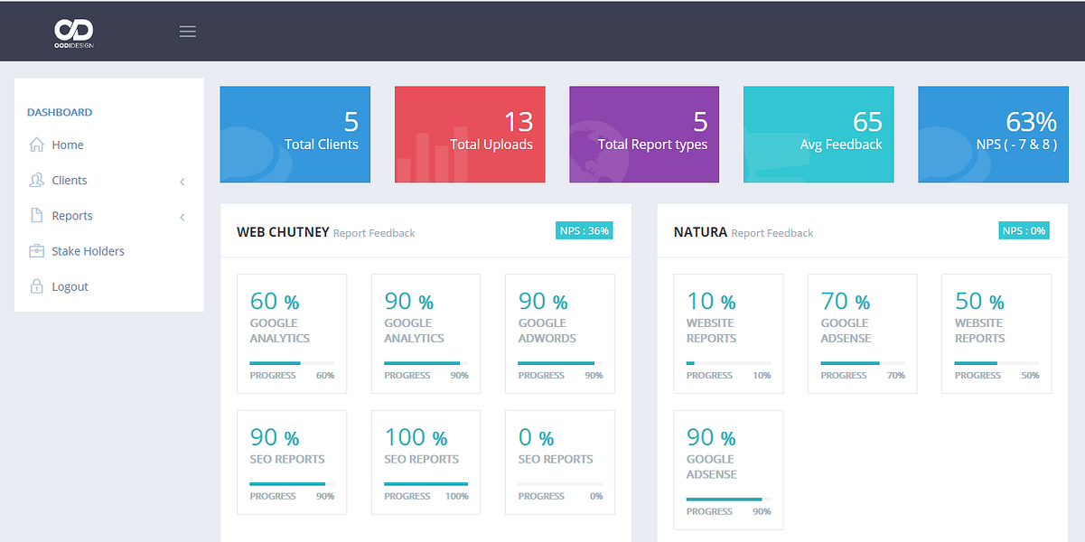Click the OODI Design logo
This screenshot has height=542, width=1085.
73,33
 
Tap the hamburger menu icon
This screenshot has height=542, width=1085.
187,32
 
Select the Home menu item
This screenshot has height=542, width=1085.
67,145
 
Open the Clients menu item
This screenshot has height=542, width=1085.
69,181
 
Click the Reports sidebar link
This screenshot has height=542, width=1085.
71,216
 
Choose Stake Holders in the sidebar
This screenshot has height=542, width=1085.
87,251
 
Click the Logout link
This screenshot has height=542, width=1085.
69,286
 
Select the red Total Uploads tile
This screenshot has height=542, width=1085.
470,135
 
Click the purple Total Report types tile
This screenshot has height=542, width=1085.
644,135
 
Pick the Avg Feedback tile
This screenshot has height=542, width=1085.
818,135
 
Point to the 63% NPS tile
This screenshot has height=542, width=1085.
993,135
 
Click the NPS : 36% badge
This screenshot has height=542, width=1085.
585,230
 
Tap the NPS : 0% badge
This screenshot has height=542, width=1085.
1024,230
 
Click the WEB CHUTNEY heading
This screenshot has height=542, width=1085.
283,232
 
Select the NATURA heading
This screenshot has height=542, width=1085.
700,232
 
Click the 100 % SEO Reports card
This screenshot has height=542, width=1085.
426,463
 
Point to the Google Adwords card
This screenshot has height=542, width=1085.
559,333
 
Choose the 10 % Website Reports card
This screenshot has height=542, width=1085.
728,333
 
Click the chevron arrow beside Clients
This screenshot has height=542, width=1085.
182,182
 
